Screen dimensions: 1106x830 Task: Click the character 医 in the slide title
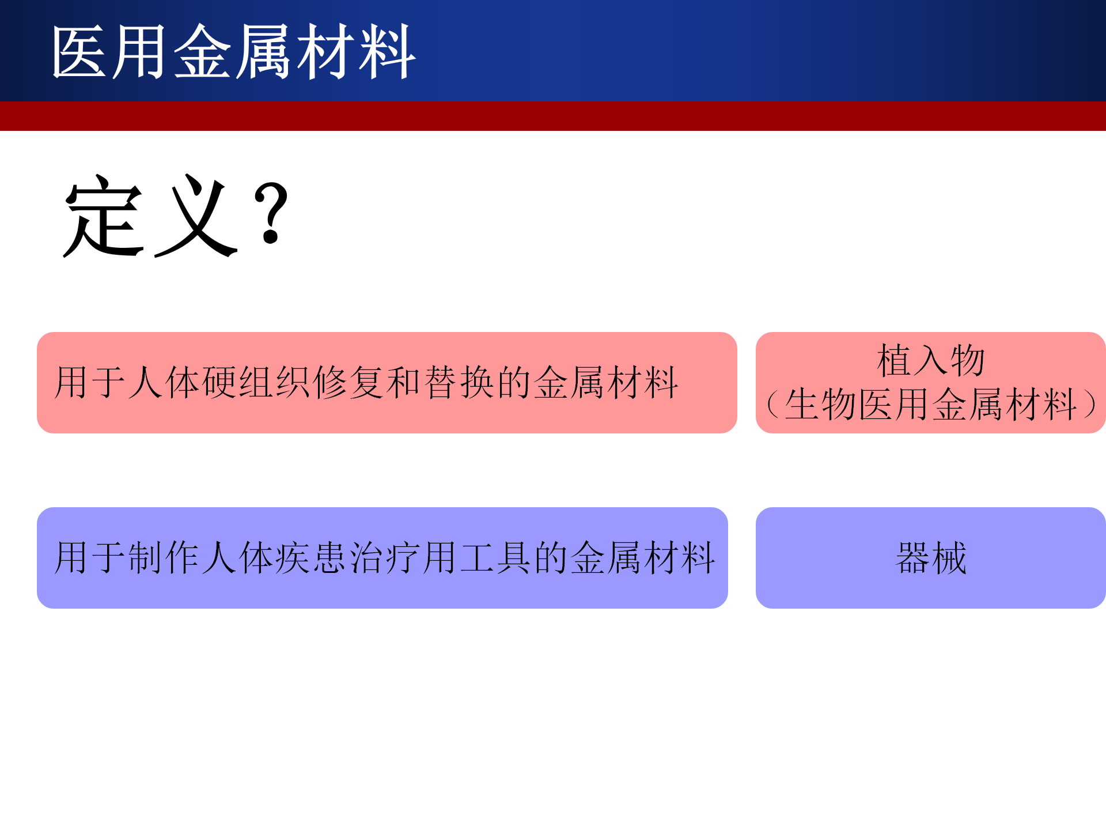[79, 52]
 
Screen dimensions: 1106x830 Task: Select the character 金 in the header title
[202, 52]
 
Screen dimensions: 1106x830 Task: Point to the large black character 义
[196, 216]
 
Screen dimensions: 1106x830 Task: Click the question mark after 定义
[271, 213]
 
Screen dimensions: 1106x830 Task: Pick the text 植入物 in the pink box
[931, 361]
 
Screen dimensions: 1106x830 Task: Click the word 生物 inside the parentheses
[820, 405]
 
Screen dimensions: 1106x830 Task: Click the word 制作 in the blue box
[165, 558]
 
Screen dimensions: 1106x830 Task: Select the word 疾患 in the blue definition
[312, 558]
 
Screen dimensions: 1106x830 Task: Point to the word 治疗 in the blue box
[386, 558]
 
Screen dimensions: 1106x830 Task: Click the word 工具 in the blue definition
[497, 558]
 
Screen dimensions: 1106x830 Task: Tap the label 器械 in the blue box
[931, 558]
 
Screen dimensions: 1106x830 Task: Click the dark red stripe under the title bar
[553, 116]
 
